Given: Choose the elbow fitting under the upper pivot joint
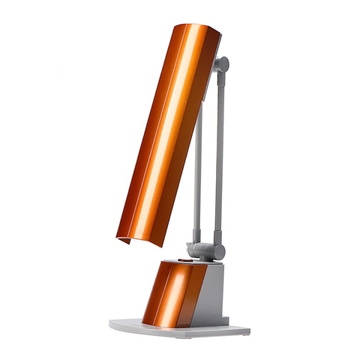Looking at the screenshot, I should point(218,82).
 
